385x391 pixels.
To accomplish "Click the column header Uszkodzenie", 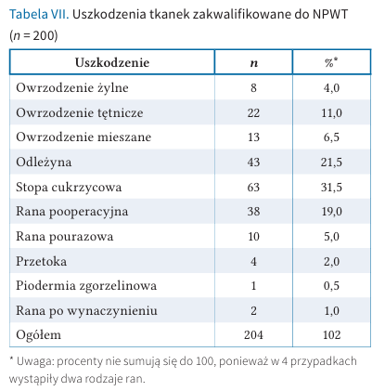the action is [112, 62].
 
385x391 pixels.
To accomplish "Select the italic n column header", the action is [253, 63].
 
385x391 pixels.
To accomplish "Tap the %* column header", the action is [331, 62].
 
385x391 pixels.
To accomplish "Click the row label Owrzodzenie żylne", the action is [72, 88].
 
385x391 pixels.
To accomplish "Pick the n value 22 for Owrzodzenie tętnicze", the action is [253, 112].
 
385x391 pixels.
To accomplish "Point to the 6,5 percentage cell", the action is [331, 137].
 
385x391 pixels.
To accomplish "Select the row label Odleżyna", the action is [44, 163].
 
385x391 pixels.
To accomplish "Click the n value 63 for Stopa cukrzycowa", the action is [253, 188].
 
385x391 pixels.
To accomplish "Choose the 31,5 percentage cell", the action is [331, 188].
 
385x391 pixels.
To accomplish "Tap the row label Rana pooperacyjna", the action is [72, 212].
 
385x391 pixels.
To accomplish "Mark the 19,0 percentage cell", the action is [331, 212].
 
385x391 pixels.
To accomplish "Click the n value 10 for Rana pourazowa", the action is [253, 237].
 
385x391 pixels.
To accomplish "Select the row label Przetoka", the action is [41, 261].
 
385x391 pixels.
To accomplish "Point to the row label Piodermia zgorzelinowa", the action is [86, 286].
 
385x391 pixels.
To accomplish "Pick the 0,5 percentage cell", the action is [331, 286].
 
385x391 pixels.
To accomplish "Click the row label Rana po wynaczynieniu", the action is [86, 310].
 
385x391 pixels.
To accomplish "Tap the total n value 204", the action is [253, 335].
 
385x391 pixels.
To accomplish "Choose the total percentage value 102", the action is [331, 335].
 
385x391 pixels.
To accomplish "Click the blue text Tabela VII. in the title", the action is [39, 14].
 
